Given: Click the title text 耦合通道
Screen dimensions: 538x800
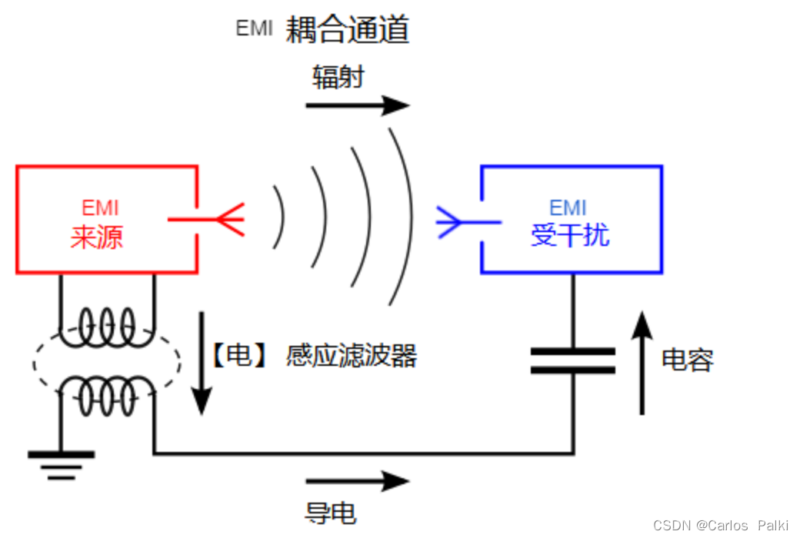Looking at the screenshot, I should (348, 30).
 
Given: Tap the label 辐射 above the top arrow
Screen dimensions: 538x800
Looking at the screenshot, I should (338, 77).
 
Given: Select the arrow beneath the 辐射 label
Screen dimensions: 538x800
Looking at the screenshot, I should (357, 105).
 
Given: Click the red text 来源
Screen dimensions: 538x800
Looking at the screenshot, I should (96, 237).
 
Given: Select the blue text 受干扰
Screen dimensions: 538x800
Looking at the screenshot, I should (570, 235).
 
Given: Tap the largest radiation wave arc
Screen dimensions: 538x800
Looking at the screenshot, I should (405, 215).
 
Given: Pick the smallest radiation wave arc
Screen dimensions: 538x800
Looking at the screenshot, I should (280, 219).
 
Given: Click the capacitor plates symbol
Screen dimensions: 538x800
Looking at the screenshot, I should (573, 360).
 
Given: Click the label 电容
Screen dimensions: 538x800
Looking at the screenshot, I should (688, 359).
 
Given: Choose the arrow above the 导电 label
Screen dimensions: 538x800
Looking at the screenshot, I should (357, 482).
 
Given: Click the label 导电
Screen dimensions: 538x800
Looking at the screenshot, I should (330, 513).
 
